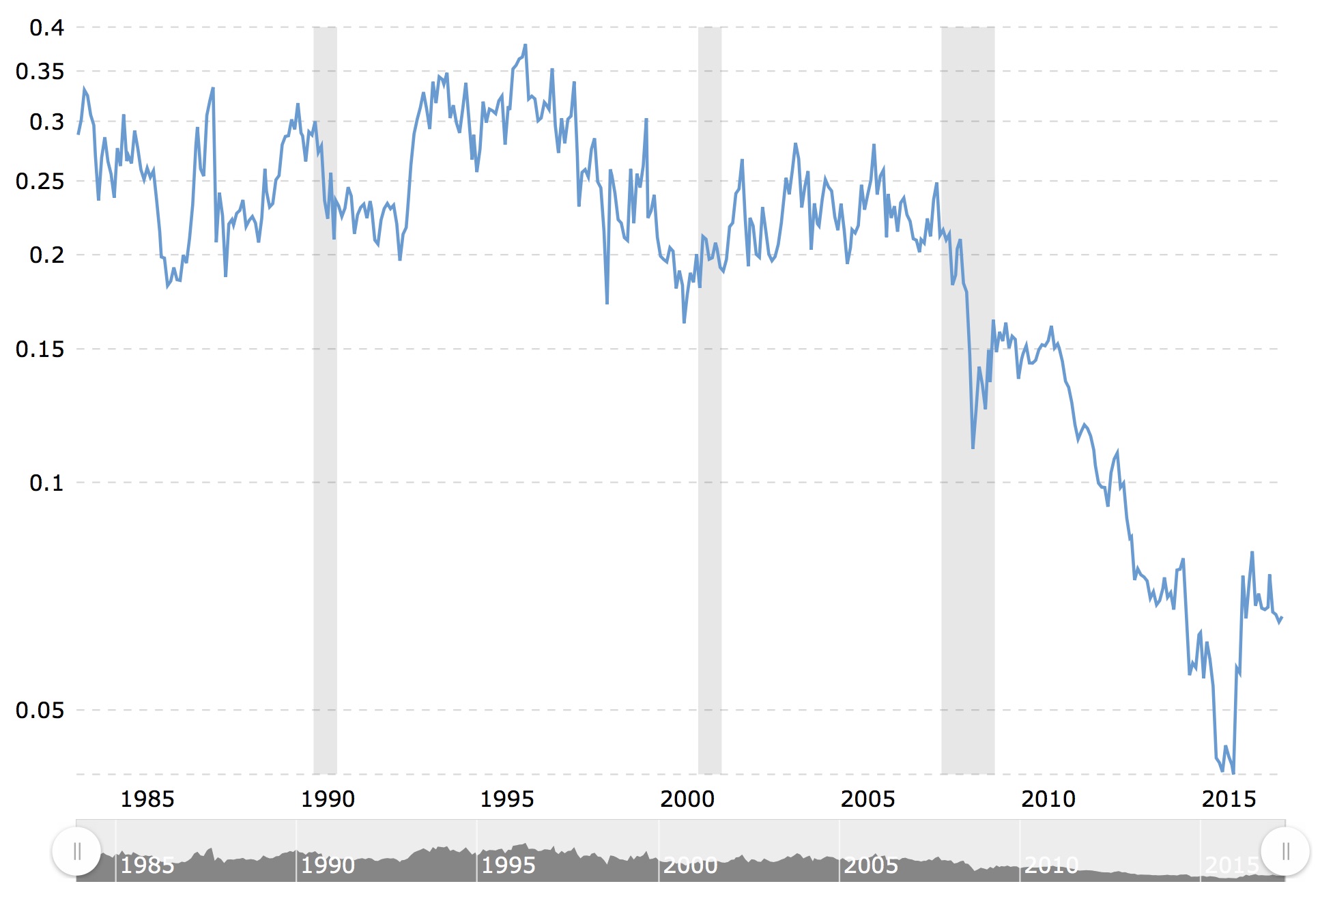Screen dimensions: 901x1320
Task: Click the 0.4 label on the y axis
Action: (46, 28)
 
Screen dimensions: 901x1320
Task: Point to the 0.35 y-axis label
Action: (40, 72)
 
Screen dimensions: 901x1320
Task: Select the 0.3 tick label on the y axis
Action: (46, 122)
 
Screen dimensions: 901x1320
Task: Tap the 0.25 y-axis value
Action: (40, 182)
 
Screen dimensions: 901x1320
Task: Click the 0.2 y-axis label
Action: (46, 255)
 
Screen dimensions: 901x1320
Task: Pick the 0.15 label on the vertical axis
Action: (40, 349)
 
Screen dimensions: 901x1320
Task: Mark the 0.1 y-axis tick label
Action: (46, 483)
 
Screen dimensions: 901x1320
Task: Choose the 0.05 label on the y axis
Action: (40, 711)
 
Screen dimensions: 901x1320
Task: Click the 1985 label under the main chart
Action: (147, 799)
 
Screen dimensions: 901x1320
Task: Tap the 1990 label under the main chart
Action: (328, 799)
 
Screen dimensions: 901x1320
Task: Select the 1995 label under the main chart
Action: (507, 799)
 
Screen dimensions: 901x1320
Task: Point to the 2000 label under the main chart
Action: (687, 799)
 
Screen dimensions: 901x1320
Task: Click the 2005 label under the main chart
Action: (867, 799)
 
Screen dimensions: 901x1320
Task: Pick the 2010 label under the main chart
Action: (1048, 799)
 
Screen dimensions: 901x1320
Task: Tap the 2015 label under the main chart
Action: (1229, 799)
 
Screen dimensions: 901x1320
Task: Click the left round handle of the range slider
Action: (76, 851)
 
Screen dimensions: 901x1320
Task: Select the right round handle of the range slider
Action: (1285, 851)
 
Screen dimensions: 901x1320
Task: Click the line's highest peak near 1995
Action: (525, 46)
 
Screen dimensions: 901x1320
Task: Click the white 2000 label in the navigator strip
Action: (690, 866)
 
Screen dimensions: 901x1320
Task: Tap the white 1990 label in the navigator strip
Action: (328, 866)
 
